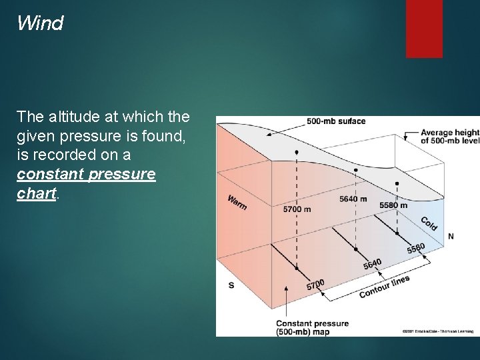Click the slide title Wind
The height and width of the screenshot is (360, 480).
click(40, 24)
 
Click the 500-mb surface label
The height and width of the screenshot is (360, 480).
click(336, 121)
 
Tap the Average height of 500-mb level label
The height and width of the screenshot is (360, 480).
click(449, 137)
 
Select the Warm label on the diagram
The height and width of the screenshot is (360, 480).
click(237, 202)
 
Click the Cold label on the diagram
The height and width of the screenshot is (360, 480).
click(429, 223)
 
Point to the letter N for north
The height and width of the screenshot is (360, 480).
click(451, 237)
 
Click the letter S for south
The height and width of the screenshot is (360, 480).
click(231, 285)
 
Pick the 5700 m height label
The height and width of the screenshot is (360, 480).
click(297, 209)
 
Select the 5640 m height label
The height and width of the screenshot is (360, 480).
click(353, 199)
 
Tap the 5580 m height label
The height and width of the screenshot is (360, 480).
click(393, 205)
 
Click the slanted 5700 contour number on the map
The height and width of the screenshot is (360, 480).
click(315, 285)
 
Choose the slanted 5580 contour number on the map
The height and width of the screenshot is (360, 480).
click(416, 249)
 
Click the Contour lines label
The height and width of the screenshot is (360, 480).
click(384, 287)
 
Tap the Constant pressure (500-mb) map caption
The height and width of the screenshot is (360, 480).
click(312, 327)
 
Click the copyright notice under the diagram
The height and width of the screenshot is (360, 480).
click(437, 331)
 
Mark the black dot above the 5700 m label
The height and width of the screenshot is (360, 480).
click(297, 153)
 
